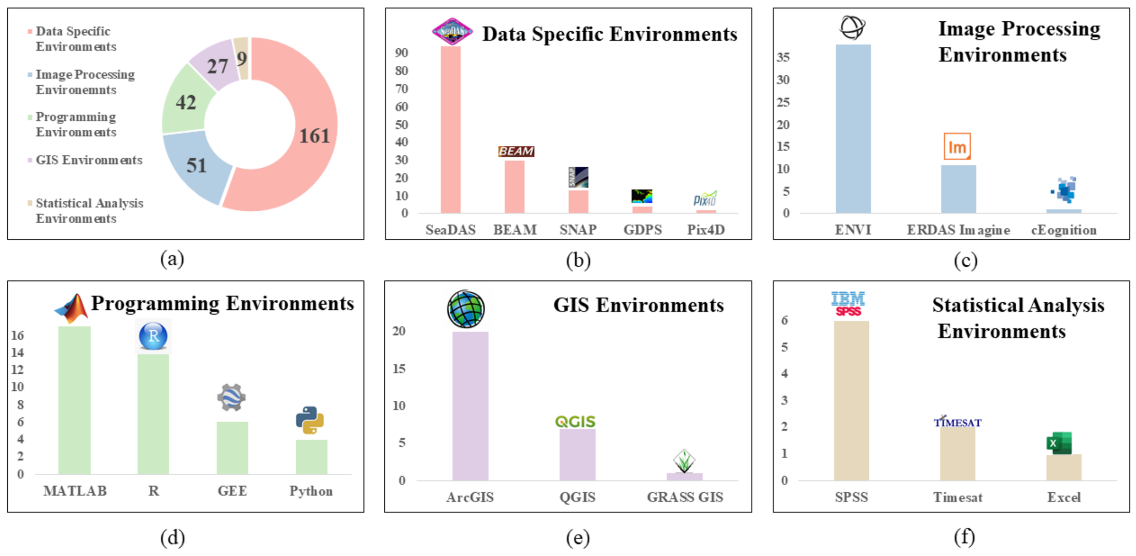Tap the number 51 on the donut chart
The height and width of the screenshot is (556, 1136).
(x=197, y=166)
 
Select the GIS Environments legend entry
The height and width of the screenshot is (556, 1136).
(x=89, y=160)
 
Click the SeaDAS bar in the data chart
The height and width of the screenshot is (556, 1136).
(x=450, y=130)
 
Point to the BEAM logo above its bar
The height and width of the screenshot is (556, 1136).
(x=516, y=151)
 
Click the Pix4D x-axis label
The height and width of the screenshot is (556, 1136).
(x=705, y=229)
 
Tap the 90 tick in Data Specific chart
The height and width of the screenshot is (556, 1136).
(x=401, y=53)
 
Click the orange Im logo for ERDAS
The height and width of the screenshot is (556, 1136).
(x=957, y=147)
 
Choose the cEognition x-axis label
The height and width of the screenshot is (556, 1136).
(x=1063, y=230)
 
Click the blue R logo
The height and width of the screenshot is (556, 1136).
(x=154, y=336)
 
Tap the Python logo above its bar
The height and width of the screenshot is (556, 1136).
(x=310, y=420)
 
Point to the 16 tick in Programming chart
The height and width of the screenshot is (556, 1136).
(x=18, y=335)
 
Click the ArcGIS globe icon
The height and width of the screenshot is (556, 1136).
(x=466, y=309)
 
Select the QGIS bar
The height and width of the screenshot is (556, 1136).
(x=577, y=454)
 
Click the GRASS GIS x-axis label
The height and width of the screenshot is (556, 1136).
(x=684, y=497)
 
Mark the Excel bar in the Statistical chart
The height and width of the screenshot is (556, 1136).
(x=1063, y=467)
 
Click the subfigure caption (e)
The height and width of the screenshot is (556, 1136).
(x=577, y=538)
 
